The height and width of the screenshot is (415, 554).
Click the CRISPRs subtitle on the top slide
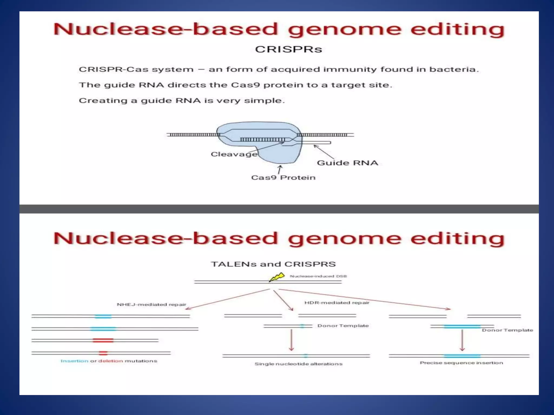pos(288,49)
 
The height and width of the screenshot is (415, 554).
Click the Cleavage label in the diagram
pos(234,154)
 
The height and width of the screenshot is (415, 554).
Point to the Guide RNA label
pos(347,163)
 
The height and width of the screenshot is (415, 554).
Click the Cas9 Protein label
pos(283,178)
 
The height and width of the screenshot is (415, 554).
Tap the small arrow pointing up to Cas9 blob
pos(280,170)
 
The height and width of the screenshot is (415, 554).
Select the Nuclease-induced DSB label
pos(318,276)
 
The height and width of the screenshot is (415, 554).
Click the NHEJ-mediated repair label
pos(151,304)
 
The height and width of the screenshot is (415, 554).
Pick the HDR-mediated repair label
pos(337,303)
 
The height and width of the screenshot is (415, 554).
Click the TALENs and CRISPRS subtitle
pos(273,264)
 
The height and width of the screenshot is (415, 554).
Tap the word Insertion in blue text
pos(74,361)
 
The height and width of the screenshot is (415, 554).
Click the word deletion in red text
pos(110,361)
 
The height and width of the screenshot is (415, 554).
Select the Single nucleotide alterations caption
pos(298,364)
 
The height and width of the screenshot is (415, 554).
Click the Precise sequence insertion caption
pos(461,363)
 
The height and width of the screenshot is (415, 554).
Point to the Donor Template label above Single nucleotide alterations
pos(343,326)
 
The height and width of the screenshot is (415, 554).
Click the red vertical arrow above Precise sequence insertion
pos(462,340)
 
